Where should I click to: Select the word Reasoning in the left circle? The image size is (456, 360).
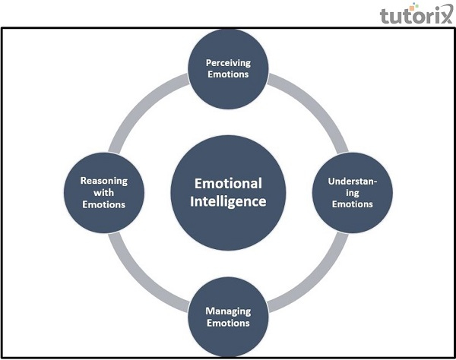(103, 182)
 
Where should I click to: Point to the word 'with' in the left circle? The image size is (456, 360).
(103, 193)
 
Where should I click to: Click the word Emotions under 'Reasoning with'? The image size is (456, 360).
(103, 204)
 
